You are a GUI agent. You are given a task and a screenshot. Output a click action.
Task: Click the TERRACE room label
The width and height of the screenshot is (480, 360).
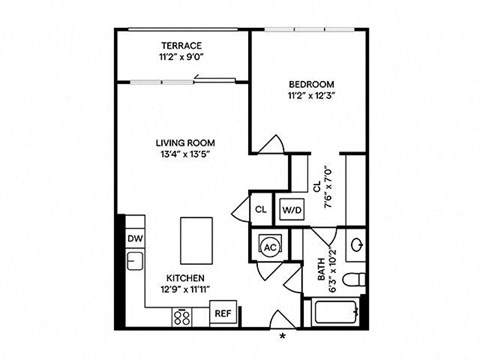coord(181,46)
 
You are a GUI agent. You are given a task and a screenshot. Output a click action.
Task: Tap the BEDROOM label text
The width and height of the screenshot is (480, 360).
coord(311,84)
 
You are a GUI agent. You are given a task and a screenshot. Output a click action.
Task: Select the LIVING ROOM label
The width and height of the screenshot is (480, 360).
coord(187,142)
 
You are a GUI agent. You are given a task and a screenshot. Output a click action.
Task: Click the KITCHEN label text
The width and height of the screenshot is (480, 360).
coord(186,278)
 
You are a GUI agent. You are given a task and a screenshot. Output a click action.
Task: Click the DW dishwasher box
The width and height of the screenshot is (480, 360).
coord(134,238)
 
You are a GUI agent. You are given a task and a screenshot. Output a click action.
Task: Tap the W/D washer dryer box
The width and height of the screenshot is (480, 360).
coord(291,210)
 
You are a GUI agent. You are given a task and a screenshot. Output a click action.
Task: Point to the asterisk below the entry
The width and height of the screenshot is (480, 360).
coord(284,336)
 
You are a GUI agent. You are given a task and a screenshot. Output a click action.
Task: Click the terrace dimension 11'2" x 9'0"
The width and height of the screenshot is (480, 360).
coord(181,58)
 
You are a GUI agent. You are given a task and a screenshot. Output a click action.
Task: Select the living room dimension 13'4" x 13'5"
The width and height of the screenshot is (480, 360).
coord(187,154)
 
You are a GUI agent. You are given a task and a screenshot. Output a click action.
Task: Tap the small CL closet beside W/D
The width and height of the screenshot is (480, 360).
coord(260,210)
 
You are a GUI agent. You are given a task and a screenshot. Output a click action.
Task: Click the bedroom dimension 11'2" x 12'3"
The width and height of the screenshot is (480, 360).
coord(311,96)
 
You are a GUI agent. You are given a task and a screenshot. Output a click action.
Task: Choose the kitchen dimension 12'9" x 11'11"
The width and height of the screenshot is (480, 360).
coord(186,290)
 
